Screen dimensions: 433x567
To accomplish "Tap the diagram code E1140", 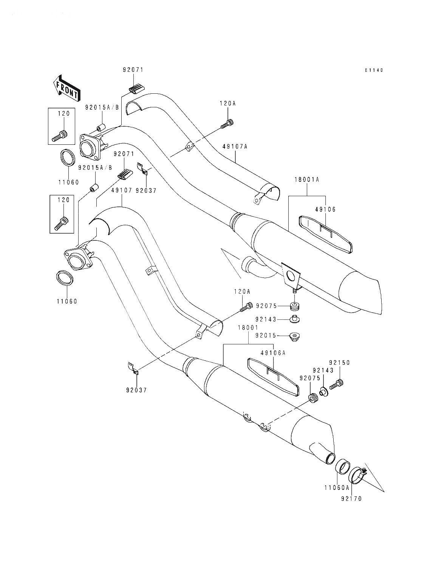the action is (374, 70).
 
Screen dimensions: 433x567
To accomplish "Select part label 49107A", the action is (235, 147).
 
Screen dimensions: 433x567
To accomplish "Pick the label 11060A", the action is (337, 488).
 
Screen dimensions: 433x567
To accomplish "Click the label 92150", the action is (339, 363).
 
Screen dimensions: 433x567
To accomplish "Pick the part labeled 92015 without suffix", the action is (294, 337).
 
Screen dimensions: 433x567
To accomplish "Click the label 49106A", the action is (273, 353).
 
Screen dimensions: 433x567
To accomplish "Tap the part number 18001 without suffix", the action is (248, 328).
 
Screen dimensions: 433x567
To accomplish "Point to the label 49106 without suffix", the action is (325, 209).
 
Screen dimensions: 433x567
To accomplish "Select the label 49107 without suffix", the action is (122, 191).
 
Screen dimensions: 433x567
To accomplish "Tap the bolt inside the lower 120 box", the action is (62, 223).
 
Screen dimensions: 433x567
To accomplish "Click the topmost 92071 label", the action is (133, 70).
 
